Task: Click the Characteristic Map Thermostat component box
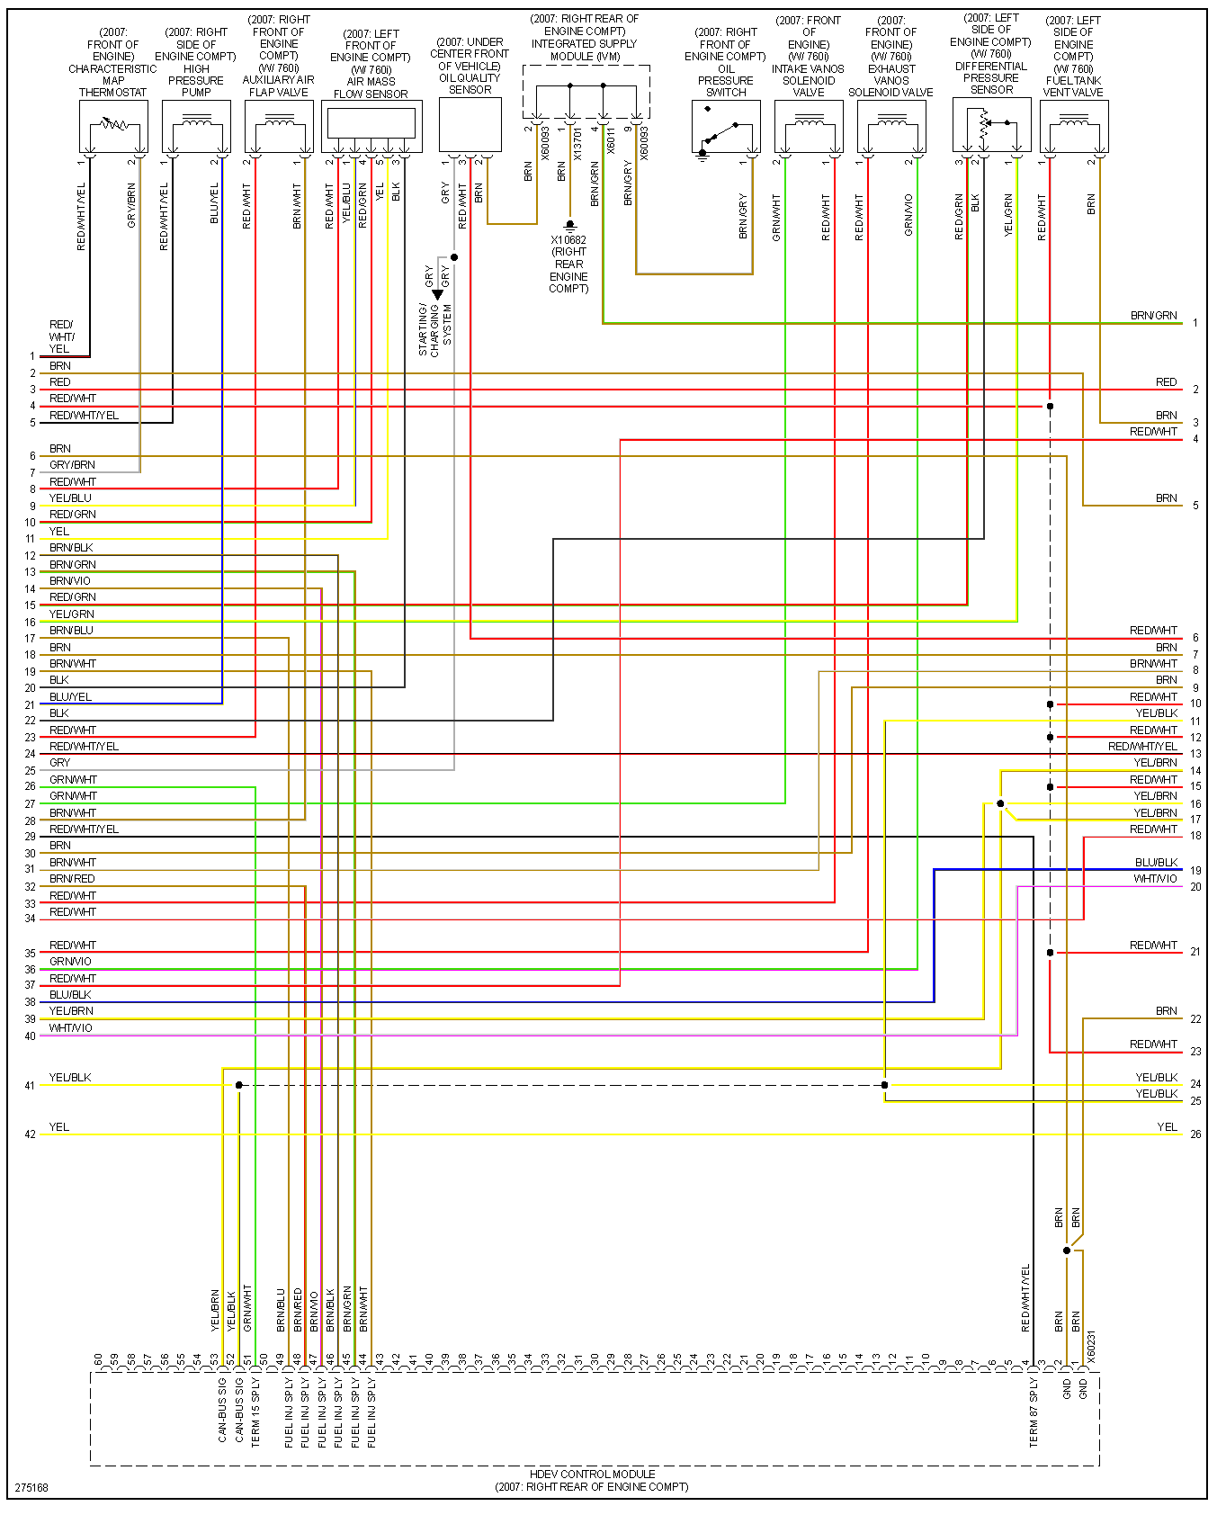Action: pyautogui.click(x=113, y=126)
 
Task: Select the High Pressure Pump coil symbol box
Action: pyautogui.click(x=196, y=126)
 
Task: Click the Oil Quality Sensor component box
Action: pyautogui.click(x=470, y=124)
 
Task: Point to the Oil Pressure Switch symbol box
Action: pyautogui.click(x=726, y=126)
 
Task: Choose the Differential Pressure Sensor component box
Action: pyautogui.click(x=991, y=124)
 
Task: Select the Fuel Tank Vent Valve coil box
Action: pyautogui.click(x=1074, y=126)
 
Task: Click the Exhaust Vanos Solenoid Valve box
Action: pyautogui.click(x=891, y=126)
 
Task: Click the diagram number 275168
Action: pyautogui.click(x=31, y=1487)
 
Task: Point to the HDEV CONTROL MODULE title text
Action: pyautogui.click(x=592, y=1474)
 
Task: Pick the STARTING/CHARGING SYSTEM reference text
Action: pyautogui.click(x=435, y=329)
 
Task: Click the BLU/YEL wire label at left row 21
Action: pyautogui.click(x=70, y=697)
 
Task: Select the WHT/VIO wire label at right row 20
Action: pyautogui.click(x=1155, y=879)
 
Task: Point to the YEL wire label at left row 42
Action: pyautogui.click(x=59, y=1127)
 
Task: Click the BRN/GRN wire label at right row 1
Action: pyautogui.click(x=1153, y=316)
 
